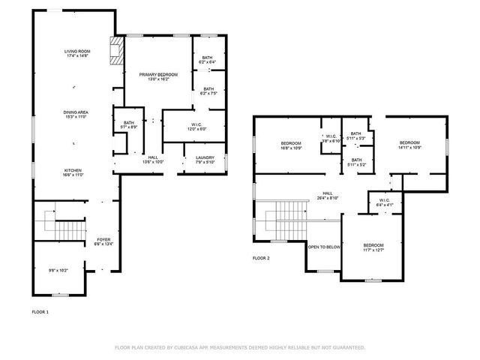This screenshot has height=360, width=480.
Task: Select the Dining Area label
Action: (76, 115)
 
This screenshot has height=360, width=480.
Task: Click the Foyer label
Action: (103, 241)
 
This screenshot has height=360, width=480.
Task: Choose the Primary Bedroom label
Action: (157, 76)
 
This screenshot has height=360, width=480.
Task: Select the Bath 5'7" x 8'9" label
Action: (128, 125)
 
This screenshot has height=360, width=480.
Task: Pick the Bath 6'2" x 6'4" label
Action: (208, 60)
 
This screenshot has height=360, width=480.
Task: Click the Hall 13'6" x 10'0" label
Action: (153, 160)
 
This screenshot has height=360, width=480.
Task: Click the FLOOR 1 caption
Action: (40, 310)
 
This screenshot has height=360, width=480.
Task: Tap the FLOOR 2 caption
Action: (261, 257)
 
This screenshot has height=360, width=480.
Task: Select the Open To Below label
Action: (324, 247)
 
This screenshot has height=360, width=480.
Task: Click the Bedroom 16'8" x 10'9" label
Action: (291, 145)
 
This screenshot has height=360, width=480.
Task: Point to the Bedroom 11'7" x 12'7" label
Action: (373, 248)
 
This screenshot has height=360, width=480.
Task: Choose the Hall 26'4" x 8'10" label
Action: (328, 195)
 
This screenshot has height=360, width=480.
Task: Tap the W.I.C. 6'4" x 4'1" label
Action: (382, 202)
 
